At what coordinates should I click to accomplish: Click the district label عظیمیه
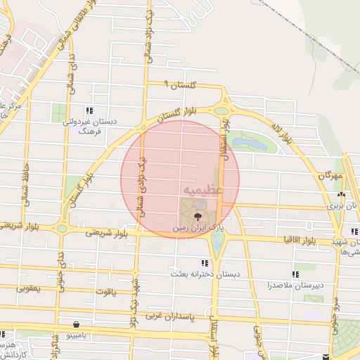(x=202, y=190)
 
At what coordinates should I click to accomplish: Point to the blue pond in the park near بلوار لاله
(x=250, y=143)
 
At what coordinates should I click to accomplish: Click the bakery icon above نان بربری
(x=341, y=195)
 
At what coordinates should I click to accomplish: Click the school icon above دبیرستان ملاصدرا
(x=295, y=274)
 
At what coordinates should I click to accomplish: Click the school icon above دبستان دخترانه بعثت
(x=205, y=263)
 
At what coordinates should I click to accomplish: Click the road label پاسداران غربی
(x=168, y=317)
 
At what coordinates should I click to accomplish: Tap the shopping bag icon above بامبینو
(x=76, y=325)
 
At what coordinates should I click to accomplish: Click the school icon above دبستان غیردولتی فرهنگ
(x=89, y=110)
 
